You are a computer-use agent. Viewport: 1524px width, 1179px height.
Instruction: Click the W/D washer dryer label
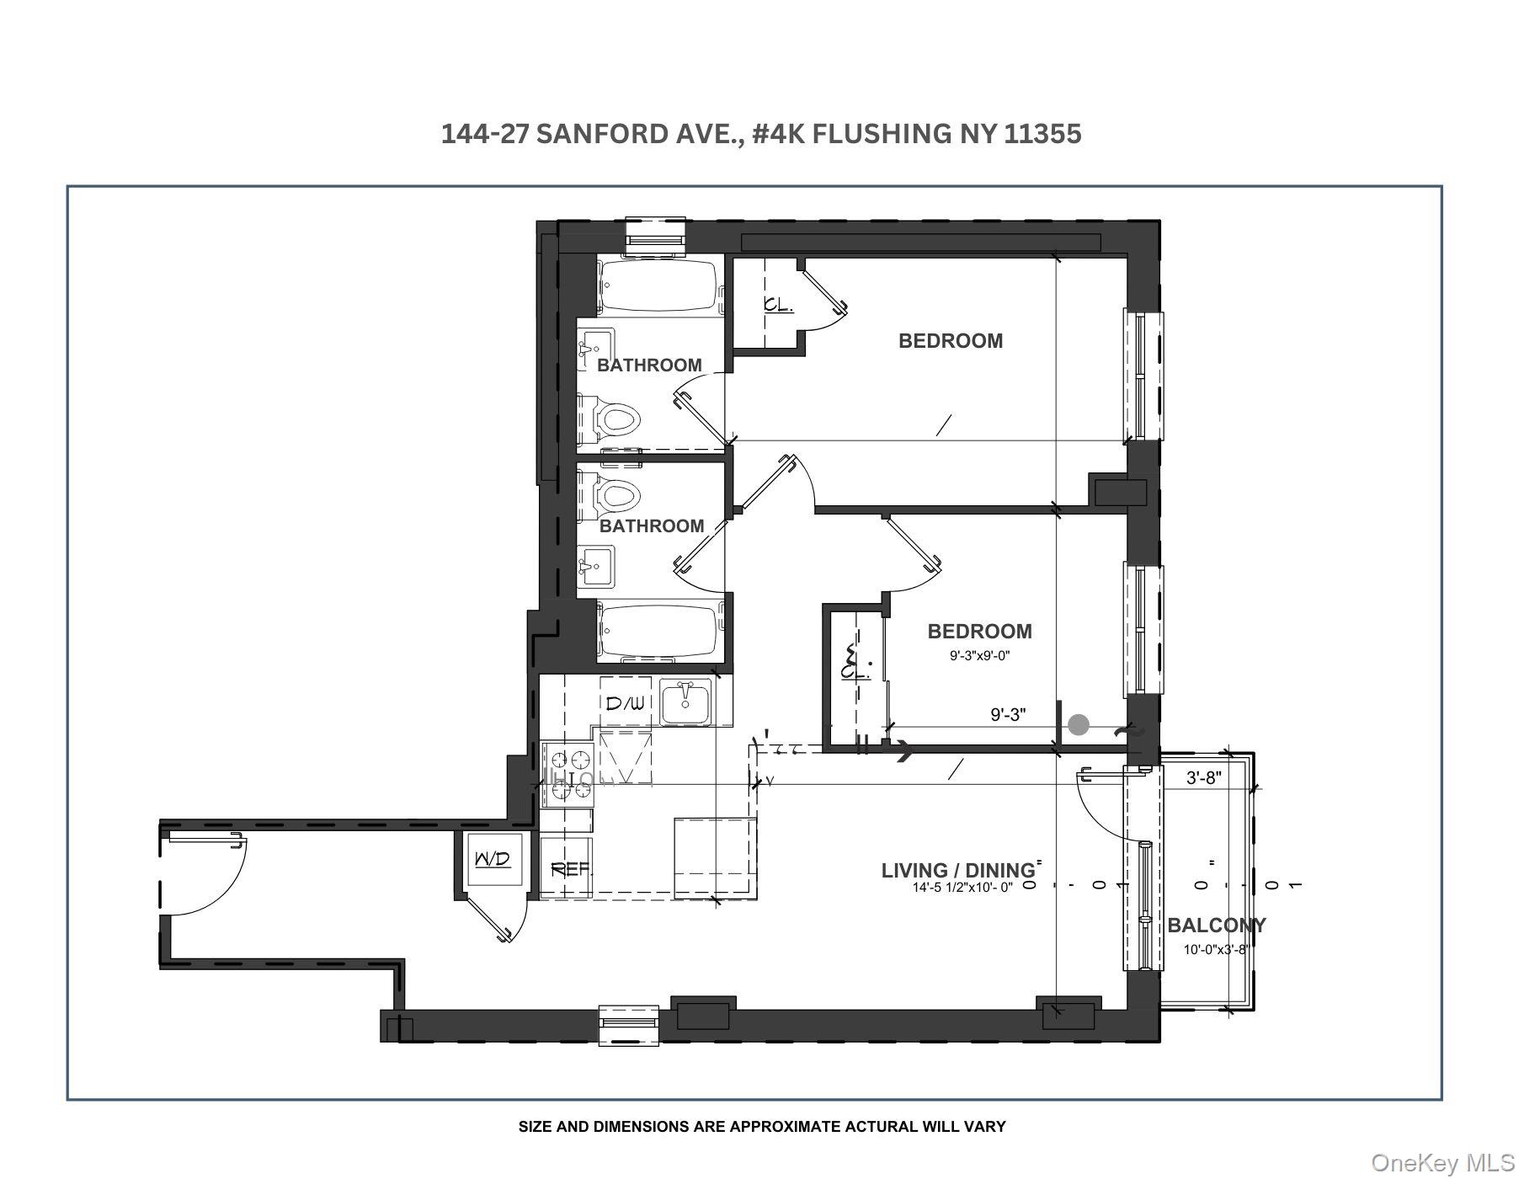(493, 859)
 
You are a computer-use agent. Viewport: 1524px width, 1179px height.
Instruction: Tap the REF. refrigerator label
(570, 869)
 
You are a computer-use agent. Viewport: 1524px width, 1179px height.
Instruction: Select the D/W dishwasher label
(624, 703)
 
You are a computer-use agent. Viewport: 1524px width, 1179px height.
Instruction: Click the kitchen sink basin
(685, 702)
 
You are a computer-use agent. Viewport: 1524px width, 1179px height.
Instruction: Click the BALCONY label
(1216, 926)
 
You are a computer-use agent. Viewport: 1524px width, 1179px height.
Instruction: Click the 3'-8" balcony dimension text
(1203, 778)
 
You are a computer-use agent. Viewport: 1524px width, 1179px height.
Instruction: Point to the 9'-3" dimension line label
(1008, 715)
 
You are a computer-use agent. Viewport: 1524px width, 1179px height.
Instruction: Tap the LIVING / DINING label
(957, 871)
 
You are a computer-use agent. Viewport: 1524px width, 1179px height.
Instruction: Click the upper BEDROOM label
(951, 341)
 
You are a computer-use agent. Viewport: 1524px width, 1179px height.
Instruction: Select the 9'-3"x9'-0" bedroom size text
(979, 655)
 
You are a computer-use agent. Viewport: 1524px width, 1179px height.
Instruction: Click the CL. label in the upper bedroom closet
(778, 305)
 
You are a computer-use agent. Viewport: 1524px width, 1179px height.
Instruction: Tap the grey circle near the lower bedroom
(1079, 724)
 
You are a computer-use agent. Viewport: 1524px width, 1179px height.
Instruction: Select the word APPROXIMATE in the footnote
(781, 1127)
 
